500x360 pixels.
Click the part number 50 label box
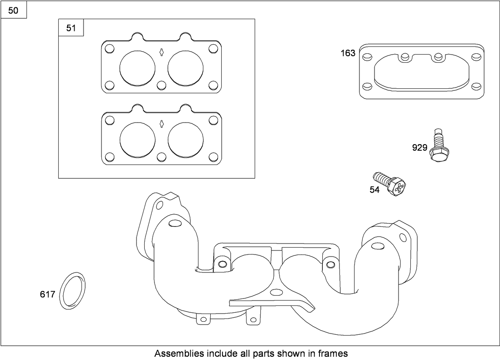pyautogui.click(x=13, y=10)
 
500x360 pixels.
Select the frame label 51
pyautogui.click(x=71, y=28)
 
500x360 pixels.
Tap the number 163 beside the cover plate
pyautogui.click(x=348, y=53)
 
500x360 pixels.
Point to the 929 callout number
pyautogui.click(x=419, y=148)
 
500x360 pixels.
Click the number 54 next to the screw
pyautogui.click(x=374, y=190)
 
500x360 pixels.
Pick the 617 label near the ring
pyautogui.click(x=47, y=294)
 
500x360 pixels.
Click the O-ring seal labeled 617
pyautogui.click(x=73, y=291)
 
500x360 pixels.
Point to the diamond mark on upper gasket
pyautogui.click(x=161, y=52)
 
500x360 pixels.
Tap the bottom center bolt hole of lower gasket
pyautogui.click(x=161, y=157)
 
